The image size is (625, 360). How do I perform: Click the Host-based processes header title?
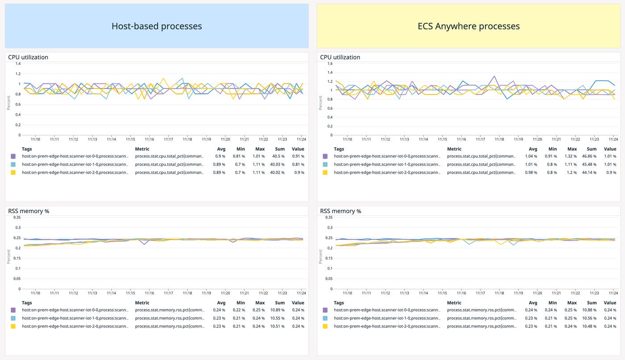[156, 26]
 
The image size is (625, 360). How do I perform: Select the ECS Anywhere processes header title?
[468, 26]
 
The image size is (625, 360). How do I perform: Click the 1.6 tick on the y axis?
[330, 63]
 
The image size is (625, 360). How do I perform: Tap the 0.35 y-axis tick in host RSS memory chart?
[17, 218]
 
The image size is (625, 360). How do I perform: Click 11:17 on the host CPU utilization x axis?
[168, 139]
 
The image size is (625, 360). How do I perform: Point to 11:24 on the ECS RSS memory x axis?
[613, 293]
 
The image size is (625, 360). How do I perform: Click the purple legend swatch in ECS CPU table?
[325, 156]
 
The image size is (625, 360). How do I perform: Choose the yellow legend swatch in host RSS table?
[13, 326]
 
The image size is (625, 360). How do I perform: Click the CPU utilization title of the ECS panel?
[340, 57]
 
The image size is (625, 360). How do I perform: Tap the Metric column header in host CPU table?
[142, 149]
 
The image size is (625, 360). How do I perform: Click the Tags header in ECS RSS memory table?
[339, 303]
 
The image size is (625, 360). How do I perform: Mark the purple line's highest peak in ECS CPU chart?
[494, 76]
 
